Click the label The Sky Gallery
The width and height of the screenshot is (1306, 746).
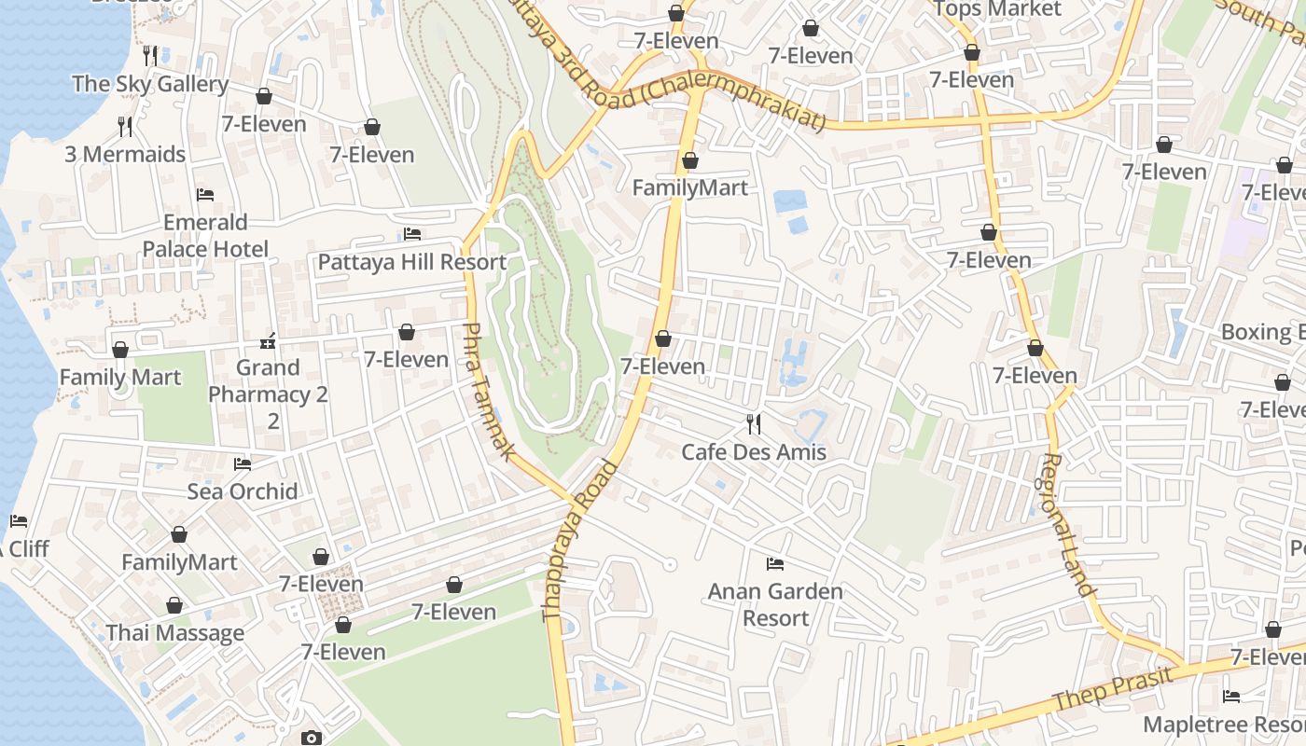(x=150, y=84)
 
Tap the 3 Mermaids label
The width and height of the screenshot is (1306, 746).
(x=125, y=154)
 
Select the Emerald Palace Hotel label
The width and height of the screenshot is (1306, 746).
(x=205, y=236)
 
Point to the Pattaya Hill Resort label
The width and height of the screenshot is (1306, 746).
(x=412, y=262)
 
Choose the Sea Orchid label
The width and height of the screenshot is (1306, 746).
(x=243, y=491)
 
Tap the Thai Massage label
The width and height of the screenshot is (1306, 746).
(x=175, y=633)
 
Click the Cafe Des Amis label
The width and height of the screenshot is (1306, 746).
(x=754, y=452)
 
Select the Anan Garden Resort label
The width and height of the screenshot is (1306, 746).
(x=775, y=604)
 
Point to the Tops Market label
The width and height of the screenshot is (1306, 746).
(x=997, y=9)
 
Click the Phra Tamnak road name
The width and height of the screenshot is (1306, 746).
(x=488, y=392)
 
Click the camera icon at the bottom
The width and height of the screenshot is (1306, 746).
(x=312, y=738)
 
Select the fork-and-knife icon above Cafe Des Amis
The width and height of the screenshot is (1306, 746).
(x=754, y=424)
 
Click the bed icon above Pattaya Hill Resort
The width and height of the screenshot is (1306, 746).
(x=412, y=233)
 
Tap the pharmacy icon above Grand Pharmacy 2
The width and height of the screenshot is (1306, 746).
(x=268, y=341)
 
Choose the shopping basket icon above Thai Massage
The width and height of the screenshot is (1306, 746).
(x=174, y=605)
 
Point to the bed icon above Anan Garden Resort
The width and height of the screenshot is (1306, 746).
(x=774, y=563)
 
